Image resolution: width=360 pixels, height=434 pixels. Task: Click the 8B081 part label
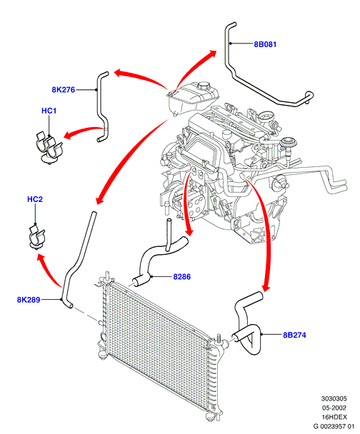point(265,44)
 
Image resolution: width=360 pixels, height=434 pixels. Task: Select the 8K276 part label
point(63,90)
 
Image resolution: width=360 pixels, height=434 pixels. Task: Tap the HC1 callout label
point(49,111)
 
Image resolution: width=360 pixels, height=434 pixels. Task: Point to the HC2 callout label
point(35,199)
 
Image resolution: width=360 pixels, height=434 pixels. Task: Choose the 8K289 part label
point(29,300)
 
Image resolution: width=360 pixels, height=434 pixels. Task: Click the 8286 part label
point(182,276)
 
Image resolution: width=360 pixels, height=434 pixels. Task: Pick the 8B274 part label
point(294,335)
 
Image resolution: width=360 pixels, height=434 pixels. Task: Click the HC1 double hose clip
point(49,148)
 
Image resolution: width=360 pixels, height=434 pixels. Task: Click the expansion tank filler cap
point(204,85)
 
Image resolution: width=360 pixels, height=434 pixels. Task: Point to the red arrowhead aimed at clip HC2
point(41,260)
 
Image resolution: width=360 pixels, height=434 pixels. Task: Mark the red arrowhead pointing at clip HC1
point(68,136)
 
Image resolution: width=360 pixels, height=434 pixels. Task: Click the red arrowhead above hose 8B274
point(266,287)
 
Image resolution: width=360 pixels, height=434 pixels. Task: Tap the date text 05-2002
point(334,408)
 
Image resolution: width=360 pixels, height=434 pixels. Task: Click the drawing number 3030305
point(334,398)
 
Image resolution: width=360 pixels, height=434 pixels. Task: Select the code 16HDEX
point(334,417)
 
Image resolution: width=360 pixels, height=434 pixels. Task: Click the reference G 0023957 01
point(334,426)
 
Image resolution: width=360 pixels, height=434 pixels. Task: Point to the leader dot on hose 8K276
point(96,90)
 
